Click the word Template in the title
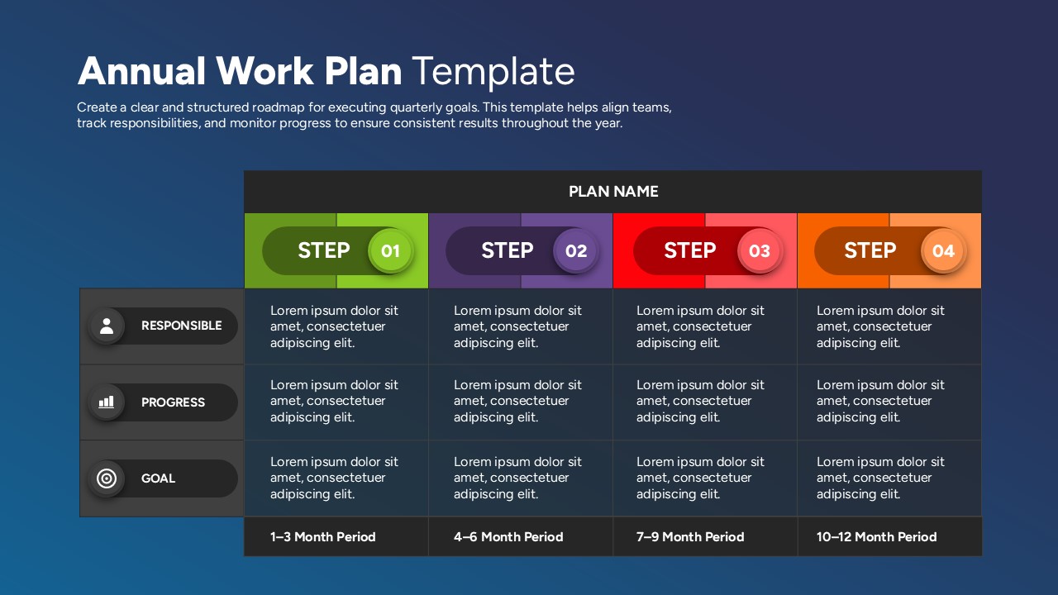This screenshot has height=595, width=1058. tap(493, 72)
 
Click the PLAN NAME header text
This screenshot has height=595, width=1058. tap(613, 192)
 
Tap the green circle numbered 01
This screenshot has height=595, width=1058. tap(390, 250)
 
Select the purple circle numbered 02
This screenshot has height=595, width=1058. tap(576, 250)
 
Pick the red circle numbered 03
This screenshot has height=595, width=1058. tap(759, 250)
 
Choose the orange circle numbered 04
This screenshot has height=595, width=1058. tap(943, 250)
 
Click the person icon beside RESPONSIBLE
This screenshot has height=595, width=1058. tap(106, 326)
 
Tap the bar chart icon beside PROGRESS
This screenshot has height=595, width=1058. tap(106, 402)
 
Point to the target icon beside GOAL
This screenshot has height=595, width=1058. tap(106, 478)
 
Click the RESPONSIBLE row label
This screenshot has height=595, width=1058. tap(181, 326)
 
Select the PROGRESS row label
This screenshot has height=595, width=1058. tap(173, 402)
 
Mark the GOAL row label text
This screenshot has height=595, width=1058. tap(158, 478)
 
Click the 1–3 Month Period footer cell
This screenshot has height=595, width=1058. tap(323, 537)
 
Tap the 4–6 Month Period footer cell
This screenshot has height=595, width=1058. tap(508, 537)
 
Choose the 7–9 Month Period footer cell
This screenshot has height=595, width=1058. tap(690, 537)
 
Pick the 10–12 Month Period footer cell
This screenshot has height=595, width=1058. tap(876, 537)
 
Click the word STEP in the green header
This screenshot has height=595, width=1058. tap(323, 250)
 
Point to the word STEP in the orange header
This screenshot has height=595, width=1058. tap(870, 250)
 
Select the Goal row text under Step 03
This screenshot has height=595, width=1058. tap(700, 478)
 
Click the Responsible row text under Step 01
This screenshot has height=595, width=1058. tap(334, 326)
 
